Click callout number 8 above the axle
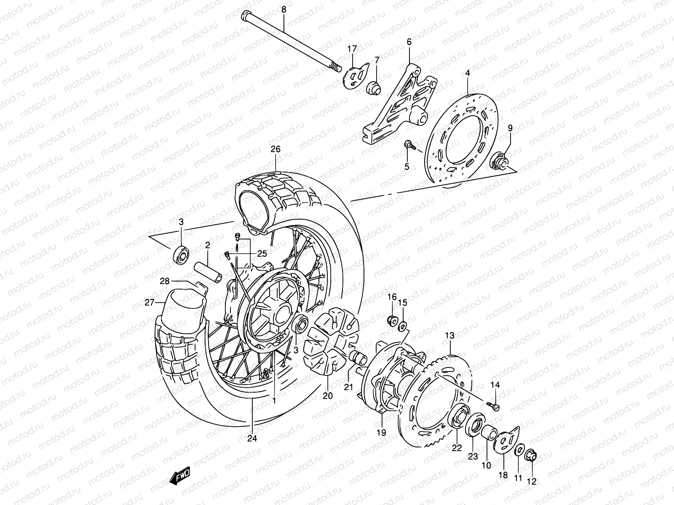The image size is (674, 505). pyautogui.click(x=283, y=9)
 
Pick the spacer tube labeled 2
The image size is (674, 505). pyautogui.click(x=207, y=273)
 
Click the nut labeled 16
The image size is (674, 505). pyautogui.click(x=392, y=321)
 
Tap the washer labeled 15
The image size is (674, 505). pyautogui.click(x=403, y=325)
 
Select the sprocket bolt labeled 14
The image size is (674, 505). pyautogui.click(x=494, y=407)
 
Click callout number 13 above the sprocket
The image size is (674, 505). pyautogui.click(x=450, y=336)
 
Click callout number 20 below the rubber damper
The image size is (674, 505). pyautogui.click(x=328, y=396)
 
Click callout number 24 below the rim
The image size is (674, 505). pyautogui.click(x=252, y=438)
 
